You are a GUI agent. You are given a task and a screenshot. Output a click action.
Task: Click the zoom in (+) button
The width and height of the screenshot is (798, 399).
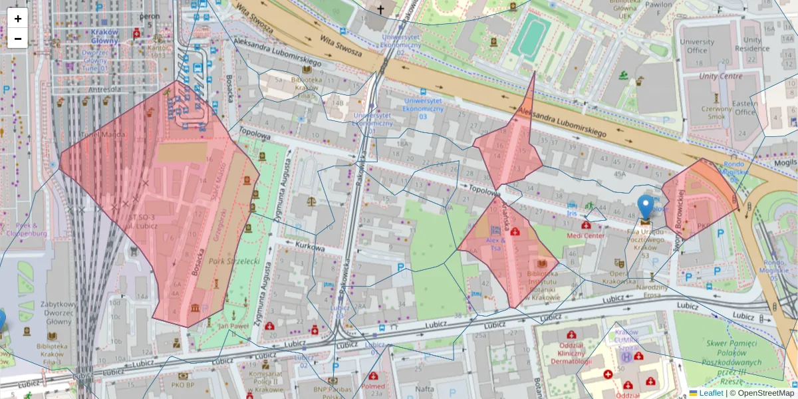18,19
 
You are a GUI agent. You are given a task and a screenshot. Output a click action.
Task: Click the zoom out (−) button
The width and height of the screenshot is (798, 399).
18,39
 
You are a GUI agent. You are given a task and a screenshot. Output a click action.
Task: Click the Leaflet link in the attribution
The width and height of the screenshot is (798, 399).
710,393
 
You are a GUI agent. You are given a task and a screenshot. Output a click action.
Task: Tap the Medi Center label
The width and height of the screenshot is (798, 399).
586,235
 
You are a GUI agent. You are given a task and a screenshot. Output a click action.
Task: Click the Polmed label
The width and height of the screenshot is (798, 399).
374,386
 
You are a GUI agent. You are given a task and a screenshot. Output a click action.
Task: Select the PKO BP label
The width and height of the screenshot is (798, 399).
182,384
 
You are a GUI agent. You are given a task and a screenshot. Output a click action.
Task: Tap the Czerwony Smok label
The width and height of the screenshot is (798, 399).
716,112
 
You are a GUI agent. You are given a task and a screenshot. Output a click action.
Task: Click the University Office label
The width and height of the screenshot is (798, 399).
697,46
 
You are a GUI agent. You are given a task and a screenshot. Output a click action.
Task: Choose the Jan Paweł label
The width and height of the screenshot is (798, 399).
233,327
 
